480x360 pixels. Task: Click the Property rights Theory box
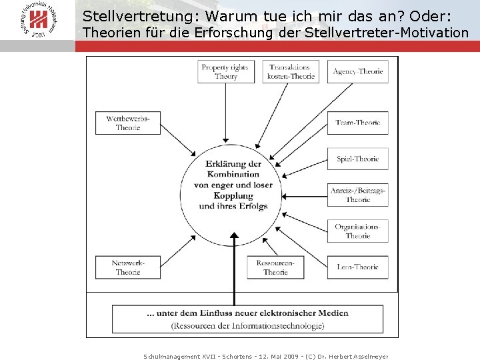[x=226, y=72]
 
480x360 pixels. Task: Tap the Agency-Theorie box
[x=357, y=72]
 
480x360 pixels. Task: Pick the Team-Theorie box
[x=357, y=123]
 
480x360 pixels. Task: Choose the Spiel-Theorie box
[x=357, y=159]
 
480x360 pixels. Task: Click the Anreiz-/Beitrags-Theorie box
[x=357, y=195]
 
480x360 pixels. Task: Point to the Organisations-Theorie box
[x=357, y=231]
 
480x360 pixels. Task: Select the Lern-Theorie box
[x=357, y=267]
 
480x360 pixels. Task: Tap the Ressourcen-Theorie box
[x=275, y=267]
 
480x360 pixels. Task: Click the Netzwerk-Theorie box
[x=128, y=267]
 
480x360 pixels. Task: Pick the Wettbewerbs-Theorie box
[x=128, y=123]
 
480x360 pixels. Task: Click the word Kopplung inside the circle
[x=233, y=195]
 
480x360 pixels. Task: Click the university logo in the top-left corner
[x=38, y=21]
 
